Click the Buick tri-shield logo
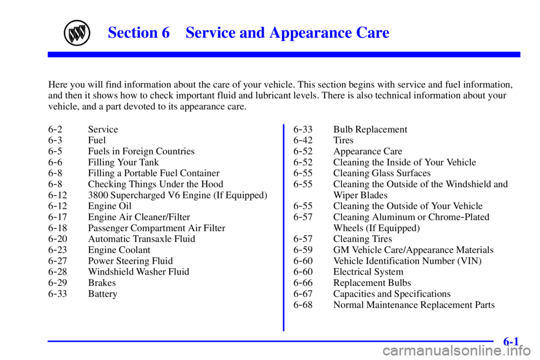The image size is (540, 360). click(77, 33)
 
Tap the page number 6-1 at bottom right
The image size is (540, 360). click(511, 341)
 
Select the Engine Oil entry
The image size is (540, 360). click(110, 206)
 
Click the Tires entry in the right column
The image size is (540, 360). click(343, 140)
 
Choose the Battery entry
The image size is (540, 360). click(102, 294)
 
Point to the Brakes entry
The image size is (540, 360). click(102, 283)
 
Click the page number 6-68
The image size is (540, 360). click(303, 305)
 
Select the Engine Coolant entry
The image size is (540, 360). click(119, 250)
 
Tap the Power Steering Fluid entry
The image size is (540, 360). click(130, 261)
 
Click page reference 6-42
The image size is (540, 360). click(303, 140)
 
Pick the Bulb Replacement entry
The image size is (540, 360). click(370, 129)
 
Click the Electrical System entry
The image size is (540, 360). click(368, 272)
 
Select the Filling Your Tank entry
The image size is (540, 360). click(123, 162)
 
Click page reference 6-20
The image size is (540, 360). click(57, 238)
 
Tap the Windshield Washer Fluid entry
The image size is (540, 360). click(138, 272)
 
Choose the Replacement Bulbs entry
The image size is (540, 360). click(372, 283)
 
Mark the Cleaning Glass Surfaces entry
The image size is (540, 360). click(381, 173)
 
